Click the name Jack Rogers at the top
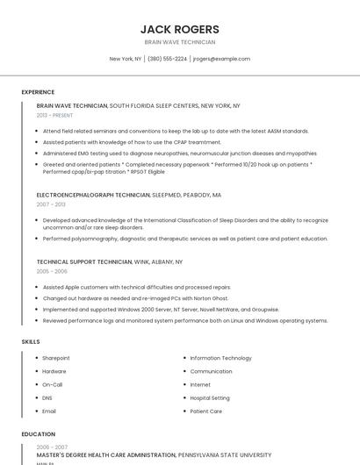(180, 29)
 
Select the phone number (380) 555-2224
(167, 59)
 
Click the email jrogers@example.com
(221, 59)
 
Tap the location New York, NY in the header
(126, 59)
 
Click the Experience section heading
(38, 92)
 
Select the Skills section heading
(31, 341)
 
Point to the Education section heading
(38, 434)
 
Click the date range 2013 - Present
(54, 115)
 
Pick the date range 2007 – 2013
(51, 204)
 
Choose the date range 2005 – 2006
(51, 271)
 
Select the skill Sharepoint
(56, 358)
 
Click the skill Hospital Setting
(210, 397)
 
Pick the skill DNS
(47, 397)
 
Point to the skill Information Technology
(220, 358)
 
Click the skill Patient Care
(205, 411)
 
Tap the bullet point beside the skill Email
(37, 411)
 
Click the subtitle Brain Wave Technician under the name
(180, 42)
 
